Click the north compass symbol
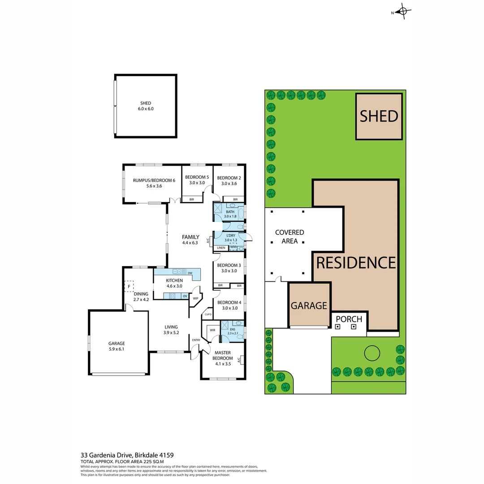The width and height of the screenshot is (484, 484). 402,12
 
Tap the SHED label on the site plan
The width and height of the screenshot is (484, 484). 379,116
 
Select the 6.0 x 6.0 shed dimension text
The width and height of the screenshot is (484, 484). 146,109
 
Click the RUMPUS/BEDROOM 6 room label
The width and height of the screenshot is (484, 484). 154,180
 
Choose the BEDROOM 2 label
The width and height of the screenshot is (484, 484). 229,178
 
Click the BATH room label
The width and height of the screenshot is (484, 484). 230,212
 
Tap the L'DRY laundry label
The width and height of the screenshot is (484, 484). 230,236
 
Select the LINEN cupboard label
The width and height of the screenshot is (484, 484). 221,248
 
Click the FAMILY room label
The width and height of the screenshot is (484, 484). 190,237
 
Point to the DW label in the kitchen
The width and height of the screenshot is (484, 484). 190,273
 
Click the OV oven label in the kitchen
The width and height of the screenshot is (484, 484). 184,296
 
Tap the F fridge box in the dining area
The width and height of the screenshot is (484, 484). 129,286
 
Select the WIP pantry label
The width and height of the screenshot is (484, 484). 195,298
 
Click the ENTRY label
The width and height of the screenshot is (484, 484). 196,340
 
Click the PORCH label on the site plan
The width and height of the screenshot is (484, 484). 349,319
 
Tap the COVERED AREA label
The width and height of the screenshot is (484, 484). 290,237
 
